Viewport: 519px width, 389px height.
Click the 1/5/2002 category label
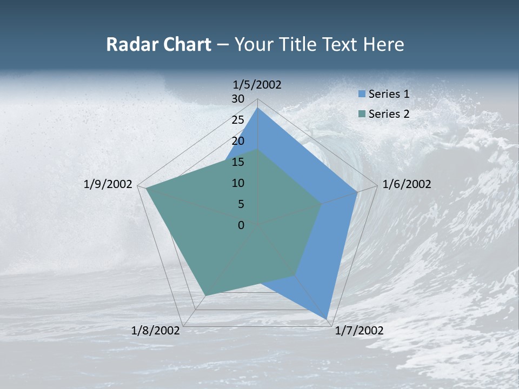(x=257, y=84)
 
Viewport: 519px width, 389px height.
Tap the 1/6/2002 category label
(x=407, y=184)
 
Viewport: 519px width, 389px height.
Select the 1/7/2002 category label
(x=359, y=331)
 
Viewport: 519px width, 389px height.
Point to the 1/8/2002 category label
(x=156, y=331)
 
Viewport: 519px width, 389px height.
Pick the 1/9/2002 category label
(x=108, y=184)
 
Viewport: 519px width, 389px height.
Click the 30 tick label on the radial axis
(x=238, y=99)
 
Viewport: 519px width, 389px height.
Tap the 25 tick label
(x=238, y=120)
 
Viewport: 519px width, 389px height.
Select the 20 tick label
(x=238, y=141)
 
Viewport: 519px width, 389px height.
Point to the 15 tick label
(x=238, y=162)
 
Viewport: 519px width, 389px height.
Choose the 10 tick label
(x=238, y=183)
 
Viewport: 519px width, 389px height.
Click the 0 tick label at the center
(x=241, y=225)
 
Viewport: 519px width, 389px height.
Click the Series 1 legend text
(x=389, y=94)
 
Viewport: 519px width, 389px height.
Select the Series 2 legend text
(x=389, y=114)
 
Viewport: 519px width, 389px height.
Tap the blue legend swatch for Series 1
(x=362, y=94)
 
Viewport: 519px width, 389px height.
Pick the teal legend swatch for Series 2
(x=362, y=114)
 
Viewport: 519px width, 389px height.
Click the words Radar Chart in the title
(x=158, y=44)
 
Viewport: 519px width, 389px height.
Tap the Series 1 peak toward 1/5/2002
(x=257, y=108)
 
